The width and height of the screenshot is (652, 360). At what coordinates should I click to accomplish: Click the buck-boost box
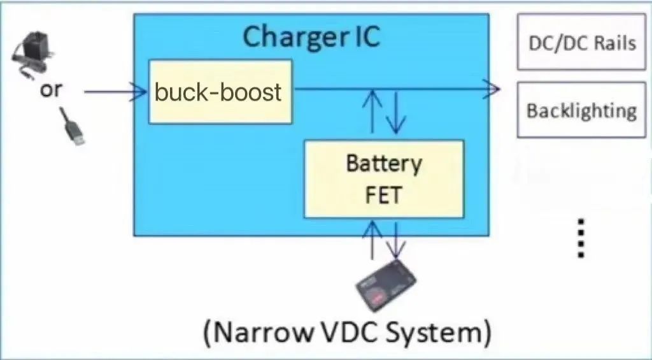pyautogui.click(x=220, y=92)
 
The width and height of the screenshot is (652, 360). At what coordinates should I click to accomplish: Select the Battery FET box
pyautogui.click(x=384, y=179)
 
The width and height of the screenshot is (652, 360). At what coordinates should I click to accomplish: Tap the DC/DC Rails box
pyautogui.click(x=581, y=41)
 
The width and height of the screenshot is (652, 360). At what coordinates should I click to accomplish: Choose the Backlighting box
pyautogui.click(x=581, y=110)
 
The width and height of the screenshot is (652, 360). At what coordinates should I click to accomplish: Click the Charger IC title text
pyautogui.click(x=311, y=36)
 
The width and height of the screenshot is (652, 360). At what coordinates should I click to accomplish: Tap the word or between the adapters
pyautogui.click(x=51, y=90)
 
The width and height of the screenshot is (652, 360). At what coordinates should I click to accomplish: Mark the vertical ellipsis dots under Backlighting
pyautogui.click(x=581, y=239)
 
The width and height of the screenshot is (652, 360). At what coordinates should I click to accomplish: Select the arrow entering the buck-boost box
pyautogui.click(x=116, y=92)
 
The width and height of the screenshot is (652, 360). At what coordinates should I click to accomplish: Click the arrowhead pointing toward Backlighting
pyautogui.click(x=492, y=89)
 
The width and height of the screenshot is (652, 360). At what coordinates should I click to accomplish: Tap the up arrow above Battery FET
pyautogui.click(x=372, y=112)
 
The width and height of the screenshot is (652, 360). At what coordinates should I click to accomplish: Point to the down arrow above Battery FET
pyautogui.click(x=395, y=112)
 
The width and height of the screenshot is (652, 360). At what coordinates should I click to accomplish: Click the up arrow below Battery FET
pyautogui.click(x=372, y=240)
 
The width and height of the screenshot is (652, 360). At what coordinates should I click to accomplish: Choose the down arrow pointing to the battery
pyautogui.click(x=395, y=241)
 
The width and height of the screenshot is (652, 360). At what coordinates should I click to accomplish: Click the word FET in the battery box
pyautogui.click(x=383, y=195)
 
